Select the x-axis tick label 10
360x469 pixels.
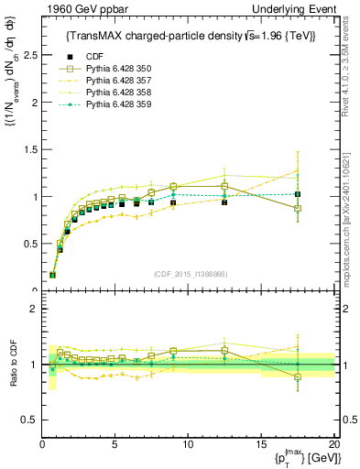pyautogui.click(x=188, y=445)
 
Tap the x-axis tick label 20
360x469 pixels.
pyautogui.click(x=333, y=445)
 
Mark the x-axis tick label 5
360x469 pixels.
pyautogui.click(x=115, y=445)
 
